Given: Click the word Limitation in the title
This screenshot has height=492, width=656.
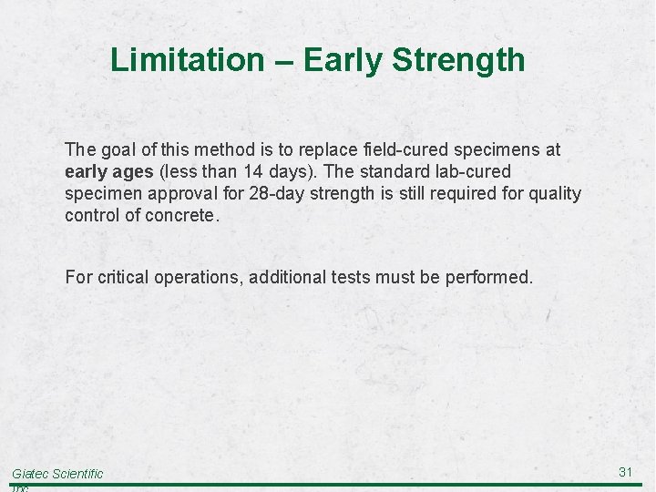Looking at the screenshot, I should pos(186,60).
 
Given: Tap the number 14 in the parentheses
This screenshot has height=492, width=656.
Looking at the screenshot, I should pos(264,171).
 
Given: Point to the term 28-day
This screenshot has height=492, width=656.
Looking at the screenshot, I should pos(275,193).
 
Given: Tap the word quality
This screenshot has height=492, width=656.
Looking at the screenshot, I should pos(555,193).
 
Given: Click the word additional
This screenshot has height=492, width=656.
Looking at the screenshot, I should pos(286,277).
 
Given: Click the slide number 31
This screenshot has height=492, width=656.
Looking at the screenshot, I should pos(625,471).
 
